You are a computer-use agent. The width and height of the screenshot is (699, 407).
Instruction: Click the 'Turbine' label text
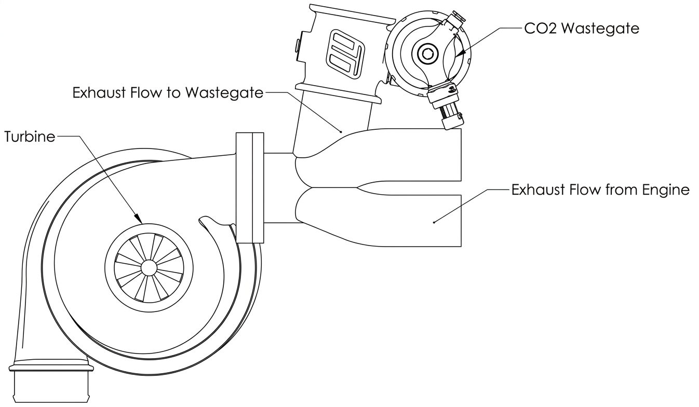pyautogui.click(x=30, y=137)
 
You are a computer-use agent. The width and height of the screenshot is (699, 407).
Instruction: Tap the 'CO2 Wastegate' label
pyautogui.click(x=582, y=29)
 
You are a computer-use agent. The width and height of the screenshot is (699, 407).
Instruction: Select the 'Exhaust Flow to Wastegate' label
pyautogui.click(x=168, y=92)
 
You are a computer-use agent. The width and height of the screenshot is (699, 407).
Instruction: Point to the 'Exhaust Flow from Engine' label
pyautogui.click(x=600, y=189)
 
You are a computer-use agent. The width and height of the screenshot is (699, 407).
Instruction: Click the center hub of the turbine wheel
pyautogui.click(x=149, y=268)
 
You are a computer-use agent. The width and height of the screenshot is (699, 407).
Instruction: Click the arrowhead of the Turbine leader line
pyautogui.click(x=138, y=219)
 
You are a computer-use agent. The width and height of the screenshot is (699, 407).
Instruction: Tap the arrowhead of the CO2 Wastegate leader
pyautogui.click(x=460, y=53)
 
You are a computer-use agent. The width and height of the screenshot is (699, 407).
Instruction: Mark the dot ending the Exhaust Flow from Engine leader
pyautogui.click(x=434, y=222)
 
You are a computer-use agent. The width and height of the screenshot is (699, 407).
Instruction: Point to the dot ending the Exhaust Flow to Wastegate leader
pyautogui.click(x=341, y=132)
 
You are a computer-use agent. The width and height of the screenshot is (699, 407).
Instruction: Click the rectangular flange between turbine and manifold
pyautogui.click(x=250, y=188)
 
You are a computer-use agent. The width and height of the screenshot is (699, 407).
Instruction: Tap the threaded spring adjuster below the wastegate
pyautogui.click(x=450, y=113)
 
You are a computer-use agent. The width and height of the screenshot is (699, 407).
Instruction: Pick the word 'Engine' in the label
pyautogui.click(x=665, y=190)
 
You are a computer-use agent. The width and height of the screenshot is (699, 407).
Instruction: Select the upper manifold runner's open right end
pyautogui.click(x=461, y=155)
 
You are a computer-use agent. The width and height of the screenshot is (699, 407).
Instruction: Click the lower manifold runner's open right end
pyautogui.click(x=461, y=221)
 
